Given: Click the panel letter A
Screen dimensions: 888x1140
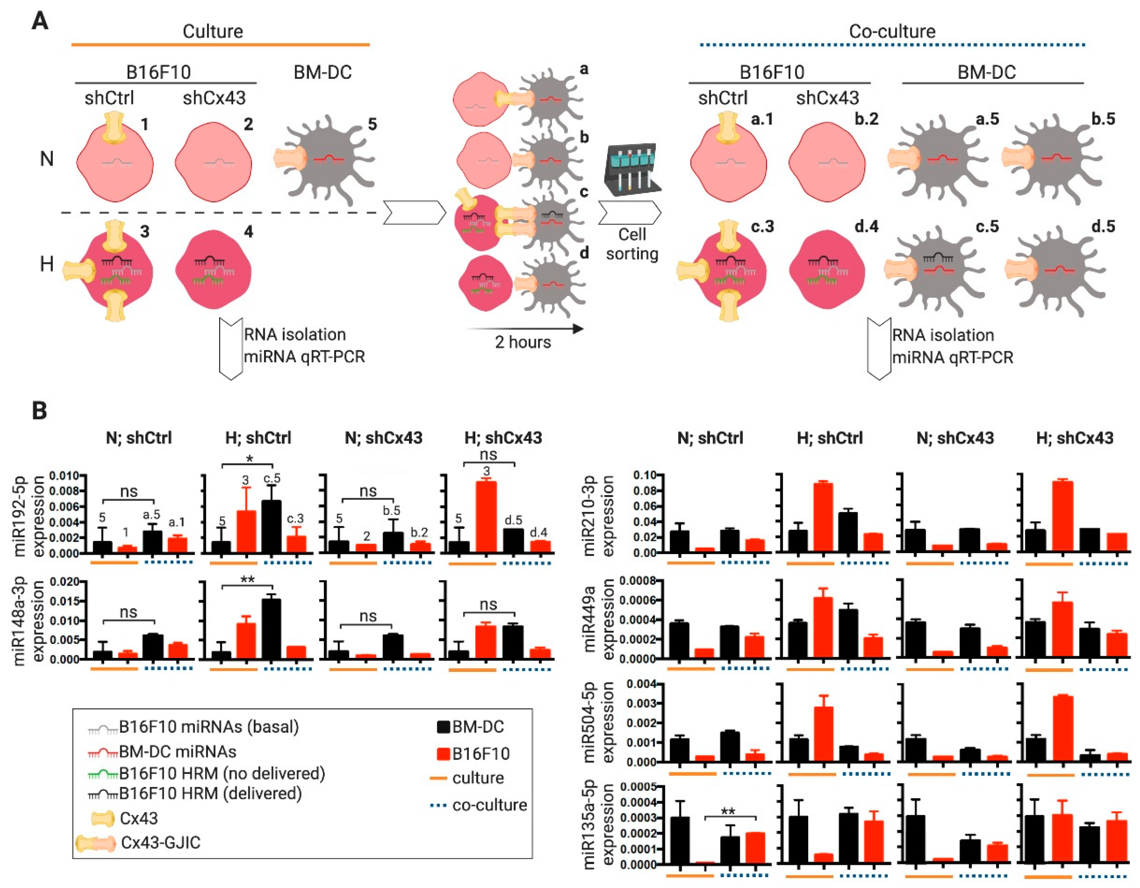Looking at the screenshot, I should click(x=40, y=22).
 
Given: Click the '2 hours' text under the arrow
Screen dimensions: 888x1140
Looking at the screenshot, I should click(x=523, y=342).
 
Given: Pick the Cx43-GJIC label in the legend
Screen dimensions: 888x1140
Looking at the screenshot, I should click(x=160, y=842).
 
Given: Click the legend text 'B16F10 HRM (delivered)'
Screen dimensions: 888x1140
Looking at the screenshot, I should click(x=210, y=793).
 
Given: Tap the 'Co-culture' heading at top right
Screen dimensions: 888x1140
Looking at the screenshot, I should click(x=892, y=31).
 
